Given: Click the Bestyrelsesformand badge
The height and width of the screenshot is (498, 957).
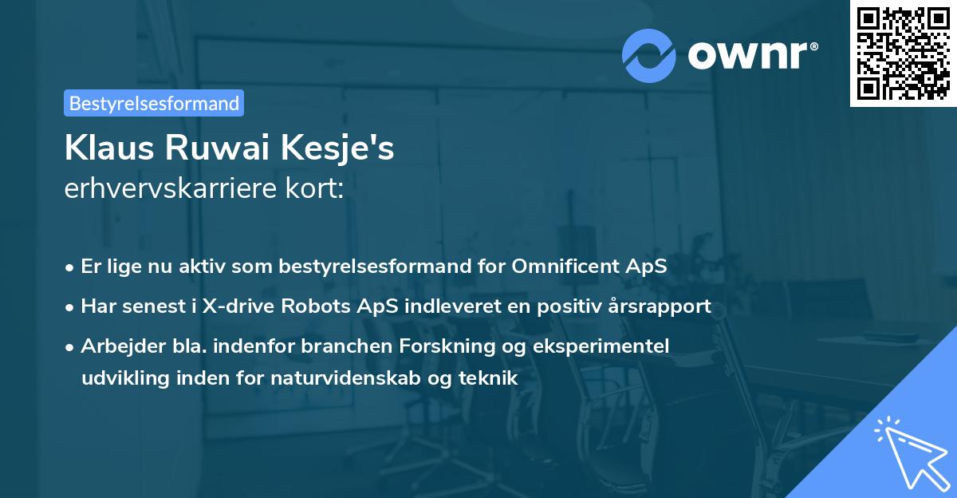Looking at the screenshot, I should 154,103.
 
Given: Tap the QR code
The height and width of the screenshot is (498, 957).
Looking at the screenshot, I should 903,53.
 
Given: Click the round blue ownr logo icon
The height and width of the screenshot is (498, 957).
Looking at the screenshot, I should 649,54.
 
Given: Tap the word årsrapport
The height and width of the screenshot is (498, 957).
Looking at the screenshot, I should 659,306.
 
